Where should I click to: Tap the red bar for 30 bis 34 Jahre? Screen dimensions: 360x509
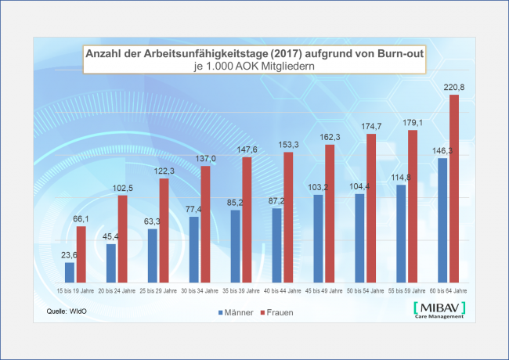[205, 224]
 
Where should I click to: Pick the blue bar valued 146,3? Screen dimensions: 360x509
[442, 220]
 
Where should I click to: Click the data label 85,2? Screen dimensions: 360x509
[236, 203]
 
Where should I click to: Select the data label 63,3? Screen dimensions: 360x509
[152, 221]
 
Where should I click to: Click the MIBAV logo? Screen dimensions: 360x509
[439, 310]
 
